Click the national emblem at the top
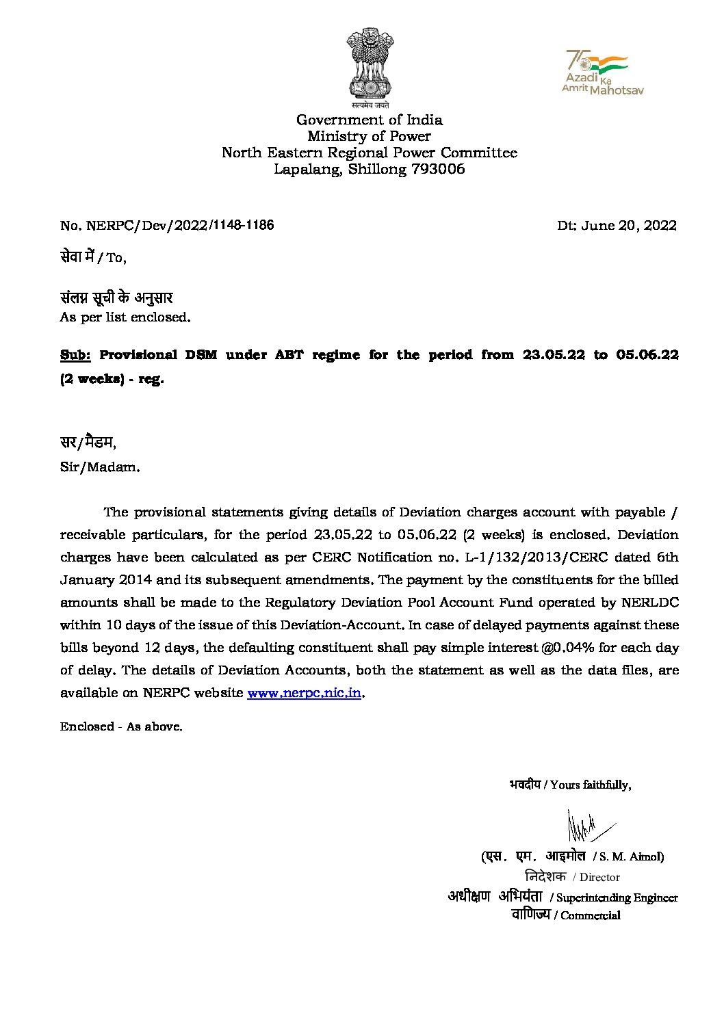coord(370,65)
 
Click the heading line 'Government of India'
coord(369,120)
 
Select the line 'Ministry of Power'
coord(369,136)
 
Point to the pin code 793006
coord(438,169)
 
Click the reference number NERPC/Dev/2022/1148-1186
coord(177,225)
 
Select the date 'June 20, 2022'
coord(629,226)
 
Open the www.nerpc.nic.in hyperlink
coord(304,693)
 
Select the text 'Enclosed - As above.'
coord(121,727)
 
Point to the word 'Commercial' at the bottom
coord(591,915)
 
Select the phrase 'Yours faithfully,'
coord(591,785)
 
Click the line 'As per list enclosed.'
coord(125,317)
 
